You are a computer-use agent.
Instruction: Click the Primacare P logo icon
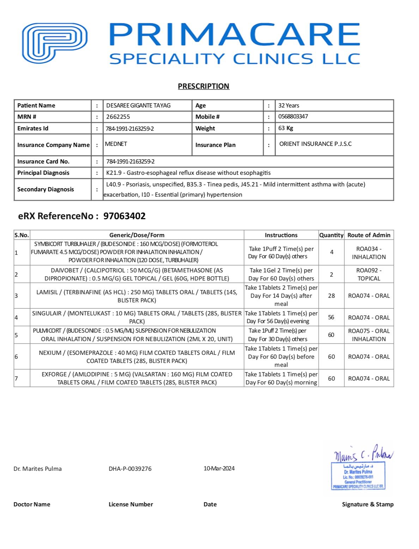(x=55, y=43)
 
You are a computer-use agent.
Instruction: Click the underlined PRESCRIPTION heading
(x=204, y=86)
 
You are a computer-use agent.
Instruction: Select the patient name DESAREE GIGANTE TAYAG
(x=138, y=105)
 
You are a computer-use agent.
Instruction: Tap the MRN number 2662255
(x=118, y=117)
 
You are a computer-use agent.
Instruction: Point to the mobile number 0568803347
(x=293, y=116)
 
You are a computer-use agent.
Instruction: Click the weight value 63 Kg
(x=285, y=128)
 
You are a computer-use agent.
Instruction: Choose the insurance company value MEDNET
(x=116, y=144)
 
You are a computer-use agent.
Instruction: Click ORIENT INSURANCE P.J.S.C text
(x=315, y=144)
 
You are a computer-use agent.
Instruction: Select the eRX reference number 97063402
(x=124, y=216)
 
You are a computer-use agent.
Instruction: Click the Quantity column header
(x=331, y=235)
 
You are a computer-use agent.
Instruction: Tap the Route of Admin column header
(x=369, y=235)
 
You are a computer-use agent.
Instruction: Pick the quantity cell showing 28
(x=331, y=296)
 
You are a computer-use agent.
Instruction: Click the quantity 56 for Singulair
(x=331, y=317)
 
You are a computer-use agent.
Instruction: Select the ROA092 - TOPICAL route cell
(x=369, y=274)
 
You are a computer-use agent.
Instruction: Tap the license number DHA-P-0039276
(x=130, y=469)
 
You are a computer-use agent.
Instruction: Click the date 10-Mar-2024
(x=219, y=468)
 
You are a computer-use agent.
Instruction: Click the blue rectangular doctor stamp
(x=358, y=476)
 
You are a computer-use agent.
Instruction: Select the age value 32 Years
(x=289, y=105)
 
